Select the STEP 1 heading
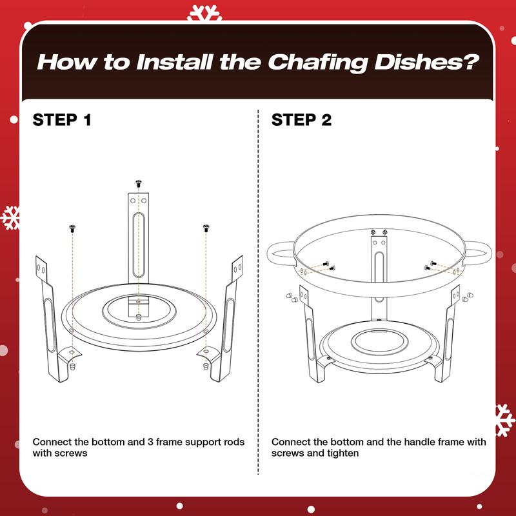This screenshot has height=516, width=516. (61, 120)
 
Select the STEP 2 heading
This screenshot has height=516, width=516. (301, 120)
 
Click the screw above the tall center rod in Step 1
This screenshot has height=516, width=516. (139, 183)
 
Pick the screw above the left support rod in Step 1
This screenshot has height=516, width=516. (72, 228)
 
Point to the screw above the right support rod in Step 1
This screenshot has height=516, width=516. (206, 228)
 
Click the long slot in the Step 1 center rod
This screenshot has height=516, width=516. (139, 245)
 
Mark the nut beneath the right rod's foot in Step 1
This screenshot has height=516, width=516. (206, 366)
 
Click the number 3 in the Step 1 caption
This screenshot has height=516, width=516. (150, 442)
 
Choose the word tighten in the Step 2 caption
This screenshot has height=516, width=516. (342, 453)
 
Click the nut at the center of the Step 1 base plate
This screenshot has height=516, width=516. (139, 317)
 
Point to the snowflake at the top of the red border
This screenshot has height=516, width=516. (204, 13)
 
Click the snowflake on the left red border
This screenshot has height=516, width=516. (10, 218)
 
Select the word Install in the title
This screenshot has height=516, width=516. (175, 62)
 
